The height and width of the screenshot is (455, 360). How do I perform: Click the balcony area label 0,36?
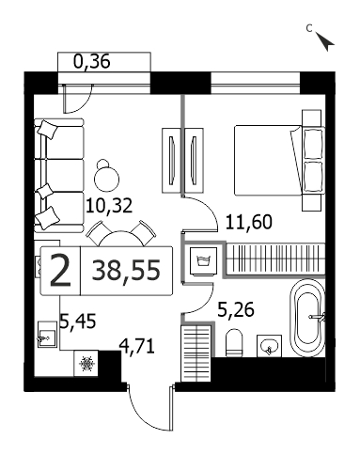click(x=91, y=62)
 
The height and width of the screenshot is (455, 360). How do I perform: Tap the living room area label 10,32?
click(x=109, y=206)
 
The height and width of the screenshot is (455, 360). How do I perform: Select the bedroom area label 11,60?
click(x=249, y=222)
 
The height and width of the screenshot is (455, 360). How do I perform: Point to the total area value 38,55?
click(x=126, y=271)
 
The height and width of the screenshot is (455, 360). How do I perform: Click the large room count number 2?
click(x=60, y=271)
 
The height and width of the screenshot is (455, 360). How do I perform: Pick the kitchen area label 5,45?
click(x=77, y=322)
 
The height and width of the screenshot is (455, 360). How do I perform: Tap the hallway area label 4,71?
click(x=136, y=347)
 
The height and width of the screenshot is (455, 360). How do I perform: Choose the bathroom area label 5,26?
click(x=236, y=310)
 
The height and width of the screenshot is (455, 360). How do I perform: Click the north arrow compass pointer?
click(x=325, y=41)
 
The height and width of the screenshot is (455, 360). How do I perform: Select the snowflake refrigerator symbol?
click(x=86, y=364)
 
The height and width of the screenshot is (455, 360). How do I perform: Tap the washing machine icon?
click(x=203, y=261)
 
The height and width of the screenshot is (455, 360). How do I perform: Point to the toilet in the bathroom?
click(x=234, y=342)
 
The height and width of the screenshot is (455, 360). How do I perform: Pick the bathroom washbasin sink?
click(x=269, y=346)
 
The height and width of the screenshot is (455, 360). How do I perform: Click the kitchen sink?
click(x=47, y=335)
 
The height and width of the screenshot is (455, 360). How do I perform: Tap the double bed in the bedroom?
click(x=278, y=160)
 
